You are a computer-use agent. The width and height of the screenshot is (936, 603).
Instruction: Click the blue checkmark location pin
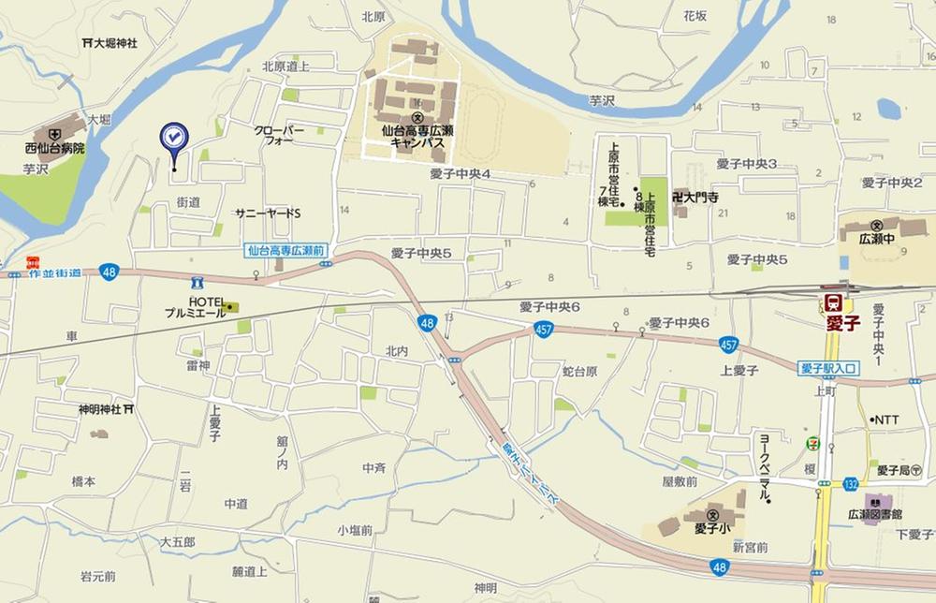[173, 139]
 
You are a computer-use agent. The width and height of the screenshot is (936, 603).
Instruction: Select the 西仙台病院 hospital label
[54, 148]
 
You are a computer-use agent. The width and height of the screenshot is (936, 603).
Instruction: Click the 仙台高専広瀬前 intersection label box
[285, 251]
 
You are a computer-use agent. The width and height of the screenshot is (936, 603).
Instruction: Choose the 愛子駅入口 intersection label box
[829, 368]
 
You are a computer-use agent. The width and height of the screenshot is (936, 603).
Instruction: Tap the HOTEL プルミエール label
[195, 306]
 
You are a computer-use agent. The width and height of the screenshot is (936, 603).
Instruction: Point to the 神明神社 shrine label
[100, 409]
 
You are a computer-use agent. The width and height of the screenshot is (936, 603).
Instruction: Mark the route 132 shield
[850, 483]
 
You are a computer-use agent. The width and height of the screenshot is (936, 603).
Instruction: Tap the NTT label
[885, 419]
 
